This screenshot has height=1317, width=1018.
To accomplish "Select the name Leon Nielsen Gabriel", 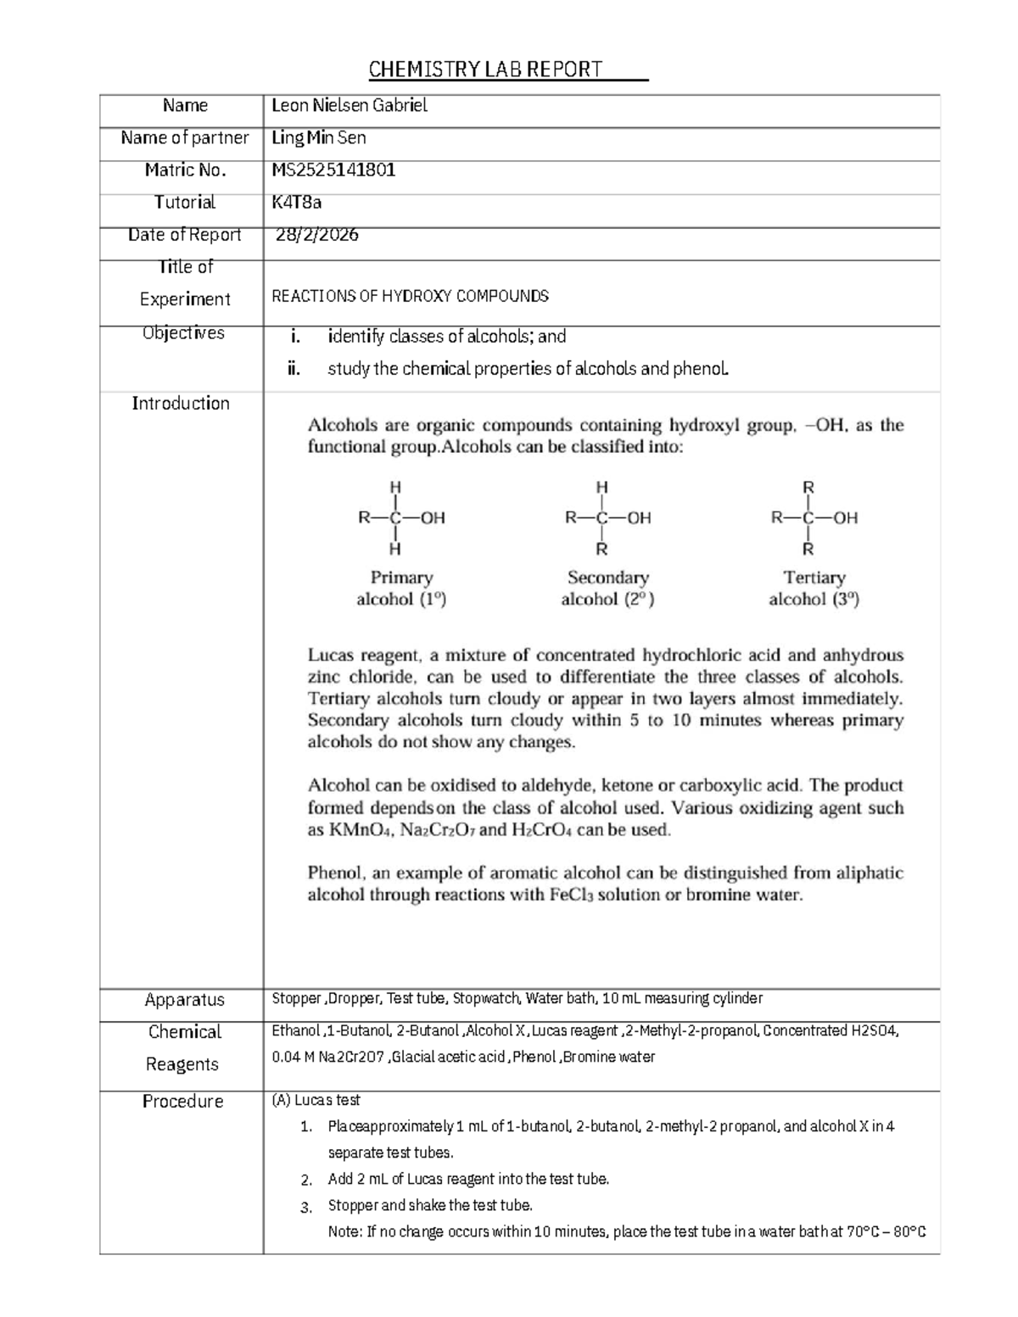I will [349, 105].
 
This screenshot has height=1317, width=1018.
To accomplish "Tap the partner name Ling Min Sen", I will [318, 137].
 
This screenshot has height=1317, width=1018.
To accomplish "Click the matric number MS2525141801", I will [333, 170].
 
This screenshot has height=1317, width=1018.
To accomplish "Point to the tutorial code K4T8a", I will [296, 202].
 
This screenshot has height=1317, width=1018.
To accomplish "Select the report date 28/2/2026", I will [316, 235].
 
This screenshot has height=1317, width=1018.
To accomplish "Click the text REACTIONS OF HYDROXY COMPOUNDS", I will [410, 296].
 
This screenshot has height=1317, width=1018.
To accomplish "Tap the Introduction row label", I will [181, 404].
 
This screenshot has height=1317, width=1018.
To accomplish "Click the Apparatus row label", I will [184, 1000].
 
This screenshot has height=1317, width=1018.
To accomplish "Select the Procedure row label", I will [182, 1102].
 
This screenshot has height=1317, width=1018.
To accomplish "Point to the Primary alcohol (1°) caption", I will [401, 589].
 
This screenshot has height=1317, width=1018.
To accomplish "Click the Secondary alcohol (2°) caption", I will [607, 589].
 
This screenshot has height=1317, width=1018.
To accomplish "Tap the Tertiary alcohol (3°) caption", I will [814, 589].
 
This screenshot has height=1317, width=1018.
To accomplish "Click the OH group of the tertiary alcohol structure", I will [845, 517].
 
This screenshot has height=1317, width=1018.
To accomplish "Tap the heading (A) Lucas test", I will [316, 1100].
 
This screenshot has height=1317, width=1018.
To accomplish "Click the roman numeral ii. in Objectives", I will [294, 369].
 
